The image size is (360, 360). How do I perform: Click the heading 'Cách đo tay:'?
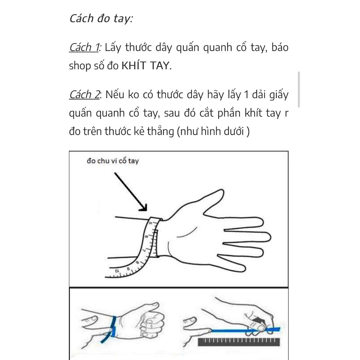coord(101,19)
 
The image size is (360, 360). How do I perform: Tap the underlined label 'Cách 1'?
coord(84,47)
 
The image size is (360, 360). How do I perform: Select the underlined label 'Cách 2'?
coord(84,95)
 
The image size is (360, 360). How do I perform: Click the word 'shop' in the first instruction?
coord(80,66)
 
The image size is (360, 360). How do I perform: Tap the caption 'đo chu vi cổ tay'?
coord(113,161)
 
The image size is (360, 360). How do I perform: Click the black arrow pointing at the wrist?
coord(130,192)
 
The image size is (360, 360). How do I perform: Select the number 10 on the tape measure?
coord(117,271)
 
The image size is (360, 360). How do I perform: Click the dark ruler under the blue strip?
coord(239,342)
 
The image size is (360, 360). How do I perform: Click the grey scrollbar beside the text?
coord(299,90)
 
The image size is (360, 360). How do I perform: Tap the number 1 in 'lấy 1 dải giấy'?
coord(246,95)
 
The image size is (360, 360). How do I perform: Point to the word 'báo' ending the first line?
coord(280,47)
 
